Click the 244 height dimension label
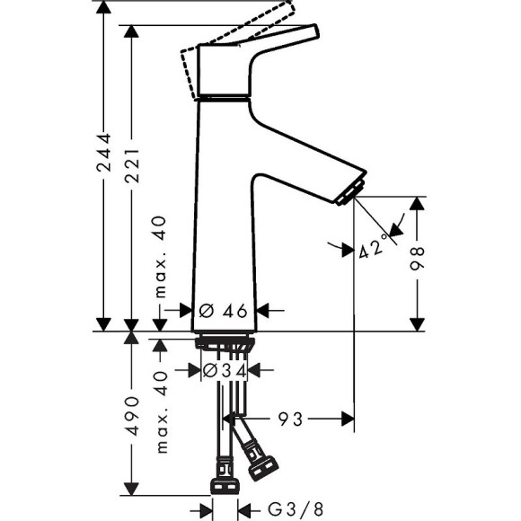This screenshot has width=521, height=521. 104,157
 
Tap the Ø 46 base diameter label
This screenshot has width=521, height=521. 223,311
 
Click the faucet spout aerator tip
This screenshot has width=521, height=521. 351,191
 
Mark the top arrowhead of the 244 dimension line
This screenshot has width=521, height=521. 105,7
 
